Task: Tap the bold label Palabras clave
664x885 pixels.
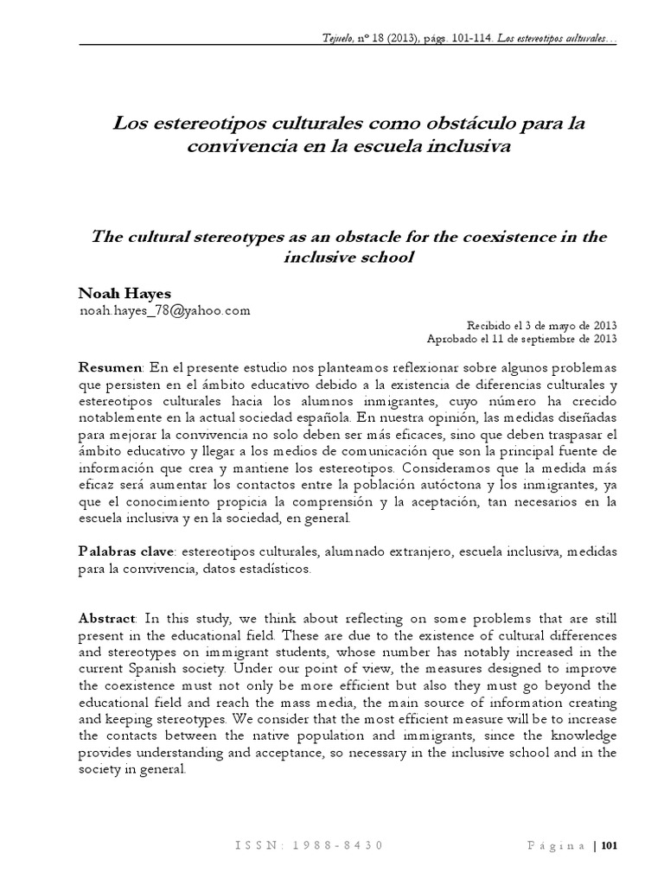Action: tap(128, 551)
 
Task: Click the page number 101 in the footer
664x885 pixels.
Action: tap(610, 844)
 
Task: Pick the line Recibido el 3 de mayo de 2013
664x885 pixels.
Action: tap(541, 326)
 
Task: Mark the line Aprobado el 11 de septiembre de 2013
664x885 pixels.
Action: tap(522, 339)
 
